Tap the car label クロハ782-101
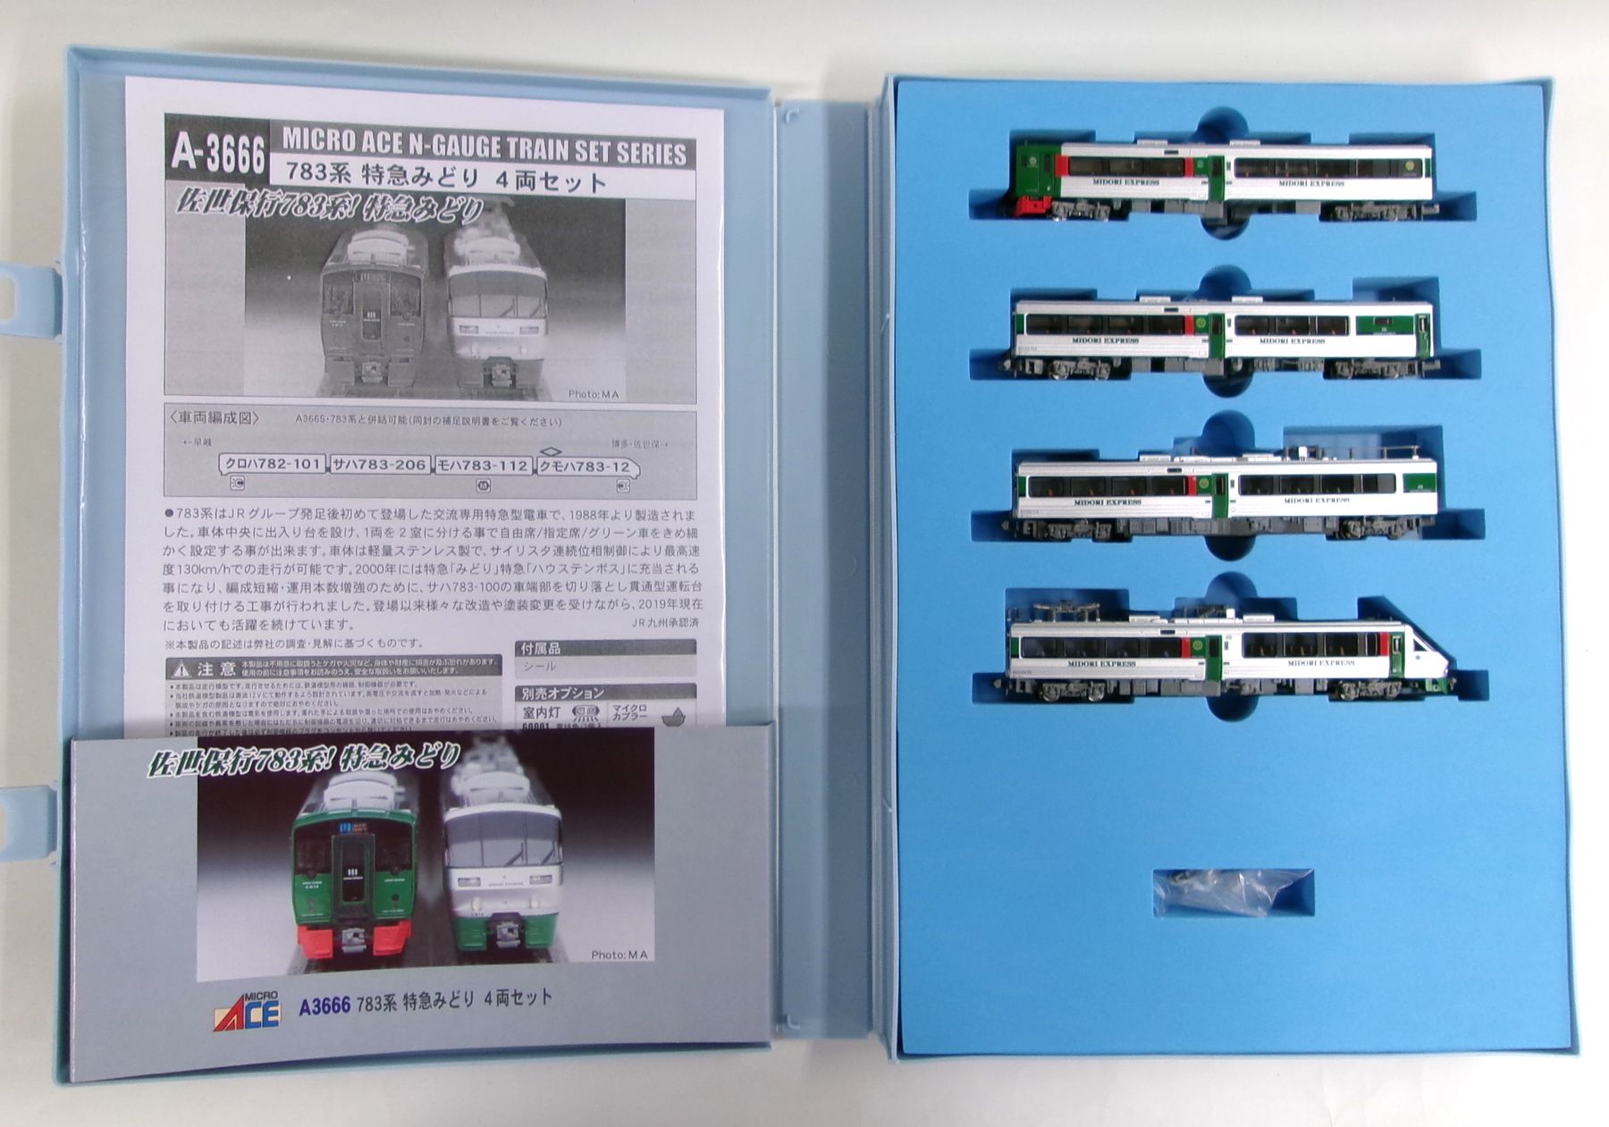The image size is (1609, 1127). (x=272, y=465)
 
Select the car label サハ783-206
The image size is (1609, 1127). (x=379, y=465)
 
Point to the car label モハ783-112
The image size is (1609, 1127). (x=483, y=465)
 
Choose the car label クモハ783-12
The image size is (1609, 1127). (x=586, y=467)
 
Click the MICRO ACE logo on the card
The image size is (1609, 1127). (x=247, y=1011)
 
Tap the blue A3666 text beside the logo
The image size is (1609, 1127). (x=324, y=1005)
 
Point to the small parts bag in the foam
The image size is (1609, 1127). (x=1220, y=891)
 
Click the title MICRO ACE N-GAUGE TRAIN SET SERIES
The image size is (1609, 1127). (x=484, y=147)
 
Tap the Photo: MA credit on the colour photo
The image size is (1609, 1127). (x=619, y=955)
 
